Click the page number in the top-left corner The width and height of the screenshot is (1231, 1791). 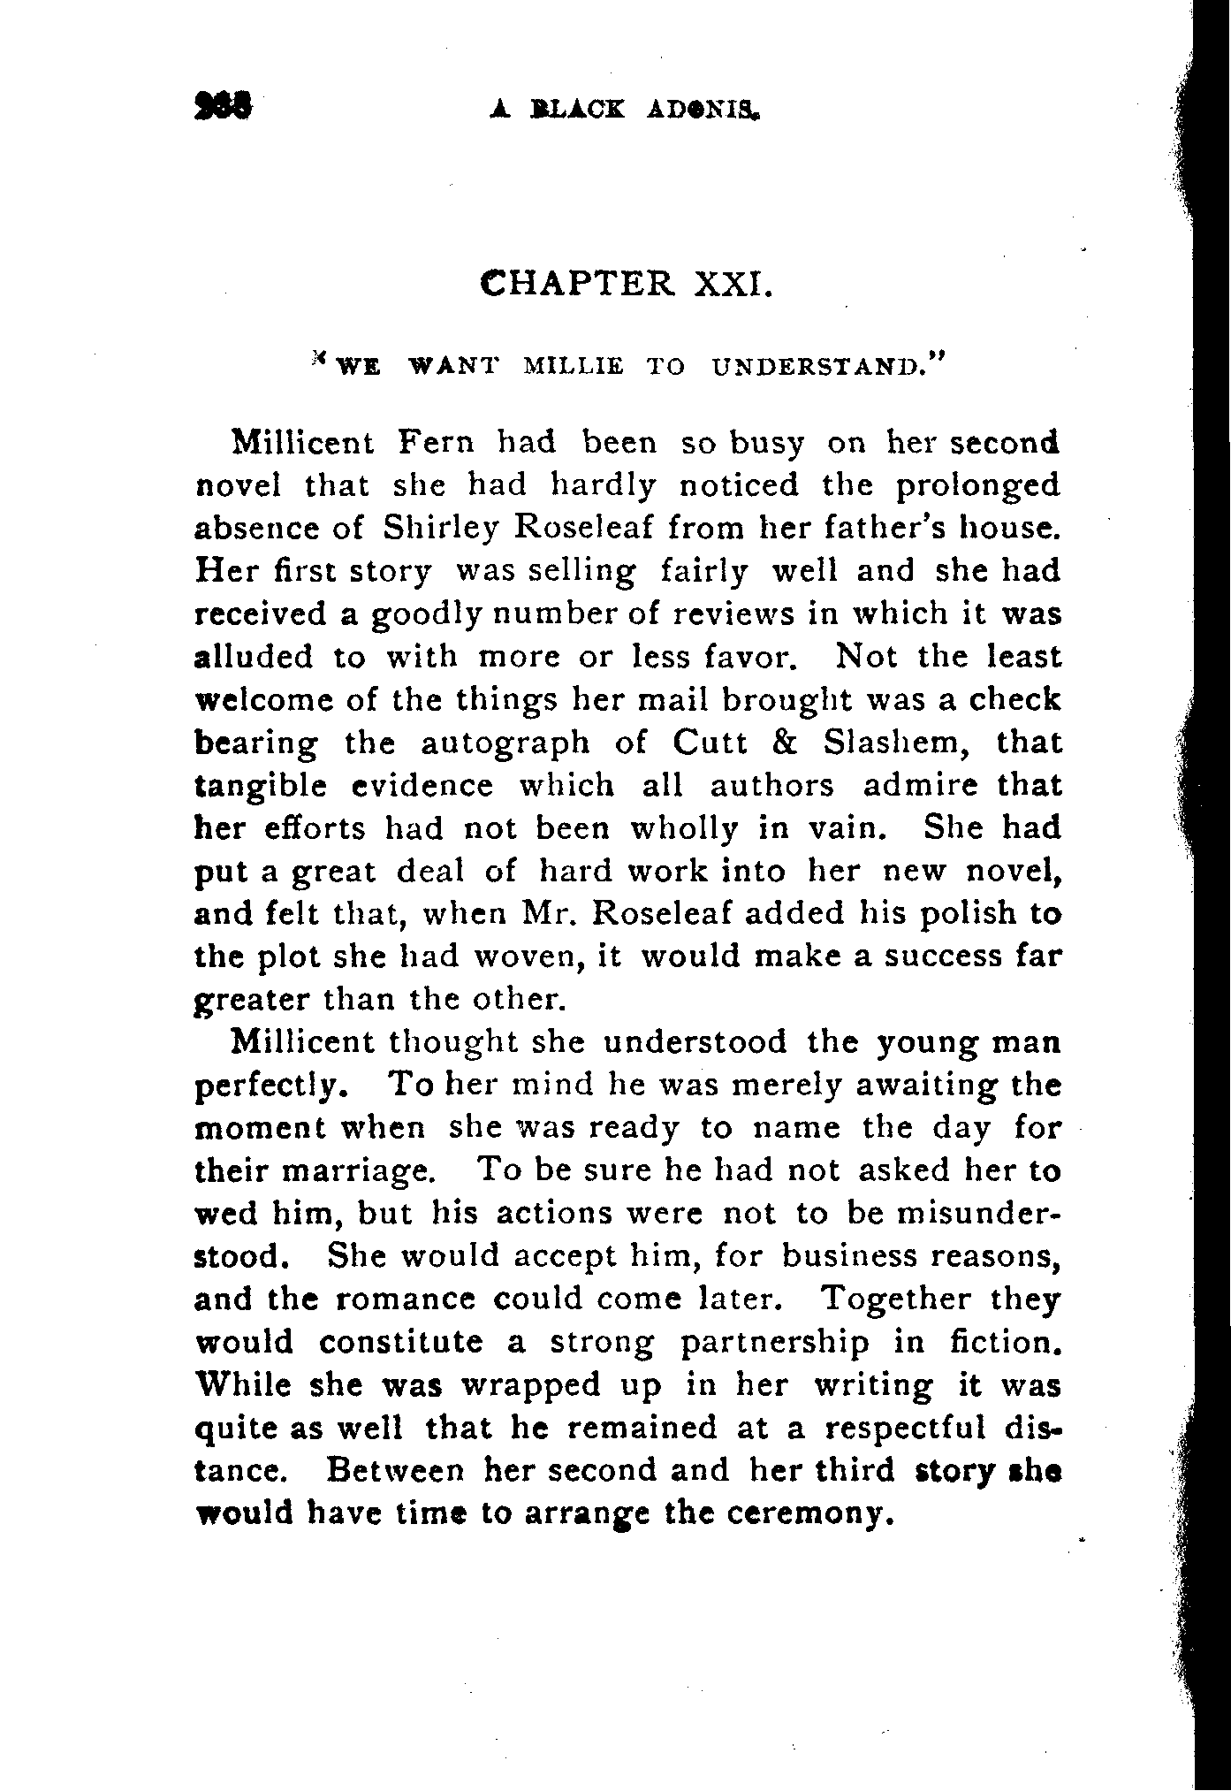(224, 107)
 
